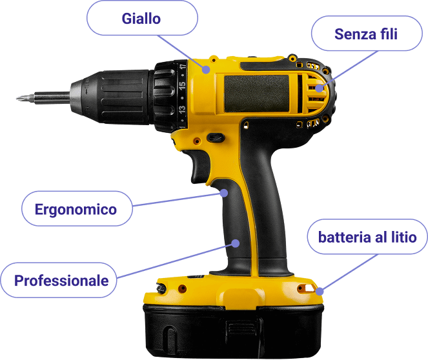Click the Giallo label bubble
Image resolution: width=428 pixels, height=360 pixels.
click(142, 18)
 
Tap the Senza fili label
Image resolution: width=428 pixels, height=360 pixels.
click(367, 34)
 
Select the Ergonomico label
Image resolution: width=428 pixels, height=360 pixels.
click(77, 208)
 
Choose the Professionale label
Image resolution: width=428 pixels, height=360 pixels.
click(58, 280)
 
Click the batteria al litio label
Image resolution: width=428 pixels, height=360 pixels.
click(367, 237)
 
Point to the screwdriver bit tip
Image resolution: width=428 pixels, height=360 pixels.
click(17, 98)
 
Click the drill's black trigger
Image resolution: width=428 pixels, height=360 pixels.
click(199, 166)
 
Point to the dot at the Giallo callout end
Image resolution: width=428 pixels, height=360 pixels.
click(206, 70)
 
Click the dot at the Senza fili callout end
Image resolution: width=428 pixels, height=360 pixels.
click(320, 88)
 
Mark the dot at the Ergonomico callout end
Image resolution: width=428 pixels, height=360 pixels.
click(224, 193)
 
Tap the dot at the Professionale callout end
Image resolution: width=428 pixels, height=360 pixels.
click(236, 243)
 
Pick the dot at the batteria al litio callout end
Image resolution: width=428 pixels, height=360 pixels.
click(320, 292)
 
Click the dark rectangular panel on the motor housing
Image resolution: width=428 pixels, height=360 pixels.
click(256, 94)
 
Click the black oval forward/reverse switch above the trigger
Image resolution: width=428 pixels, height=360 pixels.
click(216, 137)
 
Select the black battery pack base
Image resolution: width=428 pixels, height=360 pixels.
click(234, 330)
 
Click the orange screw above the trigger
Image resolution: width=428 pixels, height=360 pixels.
click(197, 141)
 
